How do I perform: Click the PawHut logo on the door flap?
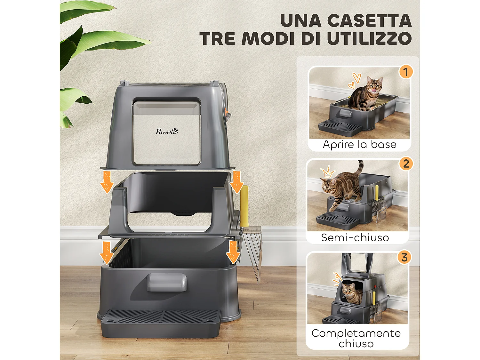click(x=167, y=131)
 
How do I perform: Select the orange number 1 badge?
click(x=405, y=72)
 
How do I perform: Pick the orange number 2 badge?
click(x=406, y=164)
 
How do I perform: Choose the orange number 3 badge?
click(x=404, y=257)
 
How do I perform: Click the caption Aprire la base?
click(x=359, y=145)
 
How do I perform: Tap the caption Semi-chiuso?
click(x=355, y=238)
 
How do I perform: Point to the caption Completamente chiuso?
click(x=356, y=338)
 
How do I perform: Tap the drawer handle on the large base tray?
click(x=166, y=282)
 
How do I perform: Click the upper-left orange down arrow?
click(x=107, y=181)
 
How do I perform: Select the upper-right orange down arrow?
click(x=237, y=181)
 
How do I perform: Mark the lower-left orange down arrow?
click(x=107, y=252)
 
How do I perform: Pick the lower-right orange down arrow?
click(x=233, y=252)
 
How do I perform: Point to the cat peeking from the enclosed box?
click(x=351, y=292)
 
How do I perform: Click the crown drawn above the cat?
click(x=327, y=173)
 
